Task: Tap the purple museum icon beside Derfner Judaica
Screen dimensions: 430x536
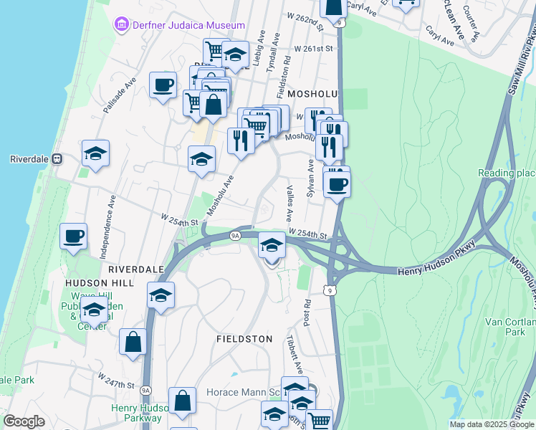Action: point(120,25)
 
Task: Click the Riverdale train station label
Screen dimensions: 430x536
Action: point(29,159)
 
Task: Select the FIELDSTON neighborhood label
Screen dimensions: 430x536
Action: point(244,338)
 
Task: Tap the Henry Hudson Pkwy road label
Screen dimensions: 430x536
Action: point(436,268)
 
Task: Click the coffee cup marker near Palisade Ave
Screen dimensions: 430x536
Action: point(163,86)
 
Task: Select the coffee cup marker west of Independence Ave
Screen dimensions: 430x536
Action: point(73,236)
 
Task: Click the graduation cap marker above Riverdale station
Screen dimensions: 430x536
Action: point(95,153)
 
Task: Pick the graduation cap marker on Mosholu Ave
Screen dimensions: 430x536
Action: point(202,158)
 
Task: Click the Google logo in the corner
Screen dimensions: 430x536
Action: point(24,421)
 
